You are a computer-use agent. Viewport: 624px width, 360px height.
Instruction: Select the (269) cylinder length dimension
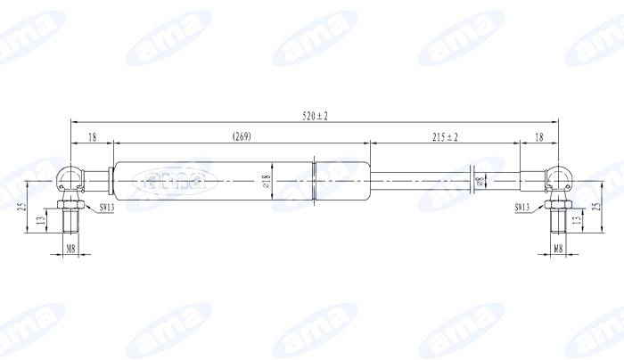pyautogui.click(x=240, y=136)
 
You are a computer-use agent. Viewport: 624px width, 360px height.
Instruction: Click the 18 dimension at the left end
pyautogui.click(x=92, y=136)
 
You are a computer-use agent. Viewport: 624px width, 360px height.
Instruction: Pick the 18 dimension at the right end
pyautogui.click(x=538, y=136)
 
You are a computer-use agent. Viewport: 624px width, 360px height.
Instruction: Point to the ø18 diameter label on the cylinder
pyautogui.click(x=267, y=183)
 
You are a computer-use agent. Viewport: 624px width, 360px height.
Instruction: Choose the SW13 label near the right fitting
pyautogui.click(x=522, y=207)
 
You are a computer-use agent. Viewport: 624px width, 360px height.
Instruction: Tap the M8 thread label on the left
pyautogui.click(x=70, y=249)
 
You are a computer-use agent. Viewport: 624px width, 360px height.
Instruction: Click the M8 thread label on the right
pyautogui.click(x=558, y=249)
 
